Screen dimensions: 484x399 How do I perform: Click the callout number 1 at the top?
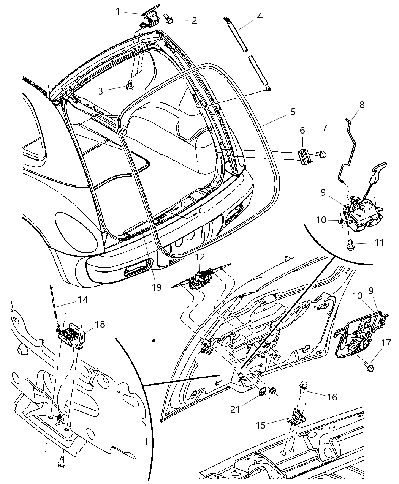118,12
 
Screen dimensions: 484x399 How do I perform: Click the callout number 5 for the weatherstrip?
293,112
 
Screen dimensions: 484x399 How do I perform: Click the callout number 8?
361,105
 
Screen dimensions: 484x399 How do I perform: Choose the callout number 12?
200,257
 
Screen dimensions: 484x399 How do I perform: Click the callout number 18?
100,324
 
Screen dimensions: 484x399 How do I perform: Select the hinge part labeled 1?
149,18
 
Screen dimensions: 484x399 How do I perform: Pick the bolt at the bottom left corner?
61,463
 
